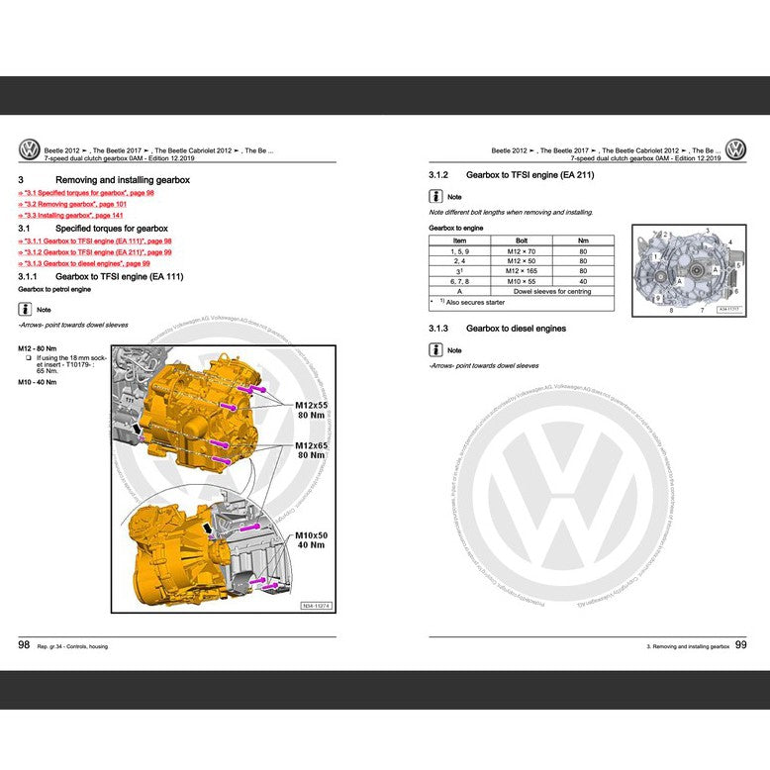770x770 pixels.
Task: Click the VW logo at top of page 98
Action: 30,150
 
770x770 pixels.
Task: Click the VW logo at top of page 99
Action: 735,150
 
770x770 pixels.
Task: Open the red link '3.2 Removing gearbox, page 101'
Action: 77,204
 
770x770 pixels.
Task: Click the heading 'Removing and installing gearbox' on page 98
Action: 123,180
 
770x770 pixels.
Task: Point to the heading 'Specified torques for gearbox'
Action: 112,229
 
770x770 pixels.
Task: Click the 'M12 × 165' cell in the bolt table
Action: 522,271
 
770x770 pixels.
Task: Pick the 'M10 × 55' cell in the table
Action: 522,282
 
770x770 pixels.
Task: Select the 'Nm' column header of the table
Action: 583,241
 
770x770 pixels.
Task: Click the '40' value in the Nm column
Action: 583,282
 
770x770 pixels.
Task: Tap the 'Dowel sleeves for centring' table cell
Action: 552,293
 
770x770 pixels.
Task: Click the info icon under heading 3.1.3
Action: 435,350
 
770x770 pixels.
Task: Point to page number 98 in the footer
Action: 24,644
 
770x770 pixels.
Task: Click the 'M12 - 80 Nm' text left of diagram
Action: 38,349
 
